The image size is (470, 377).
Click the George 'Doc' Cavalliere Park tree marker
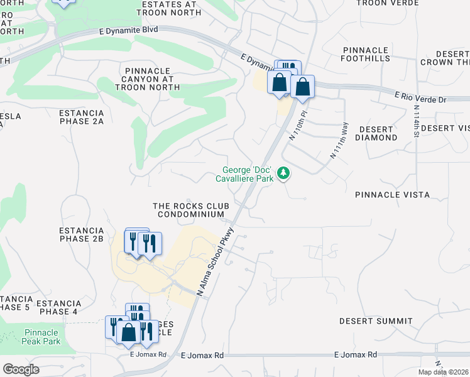point(283,172)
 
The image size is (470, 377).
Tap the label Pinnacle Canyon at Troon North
point(149,79)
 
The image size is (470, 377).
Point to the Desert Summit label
point(376,321)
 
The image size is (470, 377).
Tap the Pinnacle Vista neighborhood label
point(392,195)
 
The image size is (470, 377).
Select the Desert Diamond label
point(378,133)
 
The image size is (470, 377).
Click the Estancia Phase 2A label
point(81,117)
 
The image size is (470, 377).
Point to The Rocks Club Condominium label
point(191,210)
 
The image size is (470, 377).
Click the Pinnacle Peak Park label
point(42,337)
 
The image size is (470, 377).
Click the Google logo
point(21,369)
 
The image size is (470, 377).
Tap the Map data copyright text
point(441,372)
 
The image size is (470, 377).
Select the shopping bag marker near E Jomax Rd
point(129,333)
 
